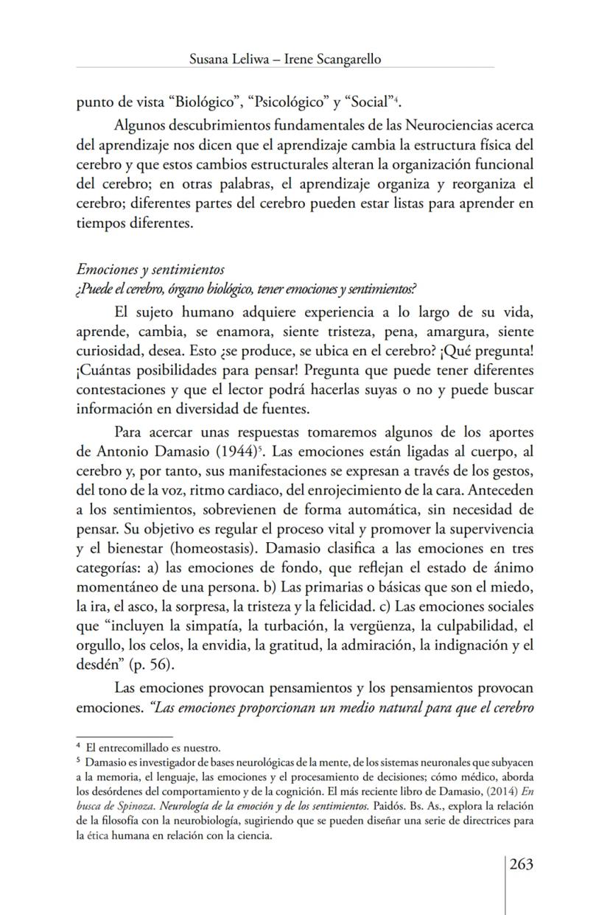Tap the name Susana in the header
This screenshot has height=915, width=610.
(212, 60)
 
